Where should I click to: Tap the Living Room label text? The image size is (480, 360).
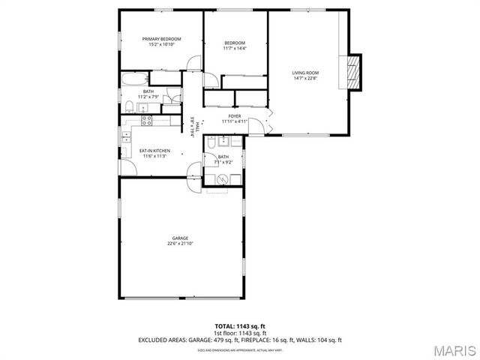(305, 73)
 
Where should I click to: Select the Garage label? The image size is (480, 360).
(180, 238)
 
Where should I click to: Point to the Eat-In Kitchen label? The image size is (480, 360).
(155, 151)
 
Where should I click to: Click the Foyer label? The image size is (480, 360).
(235, 116)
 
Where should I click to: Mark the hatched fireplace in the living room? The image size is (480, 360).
(355, 71)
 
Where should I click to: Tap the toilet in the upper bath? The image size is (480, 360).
(130, 105)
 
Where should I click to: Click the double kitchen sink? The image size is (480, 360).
(127, 137)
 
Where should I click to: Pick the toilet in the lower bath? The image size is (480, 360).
(212, 142)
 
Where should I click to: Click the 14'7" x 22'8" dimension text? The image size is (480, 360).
(305, 78)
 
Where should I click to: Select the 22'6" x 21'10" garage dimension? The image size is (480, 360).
(180, 244)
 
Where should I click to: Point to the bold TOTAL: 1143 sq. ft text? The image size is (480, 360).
(240, 326)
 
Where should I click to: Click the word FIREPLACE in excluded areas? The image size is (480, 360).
(261, 340)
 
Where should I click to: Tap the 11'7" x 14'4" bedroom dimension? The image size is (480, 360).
(235, 49)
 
